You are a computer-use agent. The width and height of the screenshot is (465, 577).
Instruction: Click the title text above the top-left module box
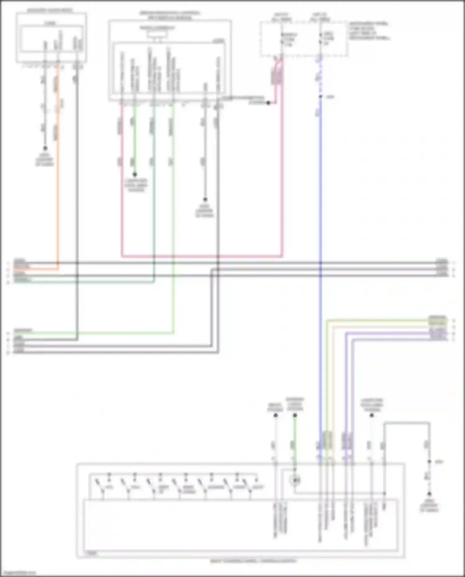pos(50,11)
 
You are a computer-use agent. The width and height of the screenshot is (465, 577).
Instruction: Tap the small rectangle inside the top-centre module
pos(157,34)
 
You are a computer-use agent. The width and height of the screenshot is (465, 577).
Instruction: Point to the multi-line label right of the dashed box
pos(369,31)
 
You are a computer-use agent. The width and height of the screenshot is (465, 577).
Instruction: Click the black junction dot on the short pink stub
pos(268,103)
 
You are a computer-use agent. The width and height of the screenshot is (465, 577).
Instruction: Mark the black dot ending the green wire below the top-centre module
pos(135,175)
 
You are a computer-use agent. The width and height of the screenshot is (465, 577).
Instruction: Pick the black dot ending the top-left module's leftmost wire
pos(45,148)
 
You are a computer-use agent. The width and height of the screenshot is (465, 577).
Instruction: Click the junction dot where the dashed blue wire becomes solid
pos(321,97)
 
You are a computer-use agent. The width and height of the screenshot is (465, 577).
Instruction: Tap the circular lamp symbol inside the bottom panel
pos(295,481)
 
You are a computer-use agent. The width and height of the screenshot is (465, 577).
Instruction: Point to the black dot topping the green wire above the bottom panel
pos(295,415)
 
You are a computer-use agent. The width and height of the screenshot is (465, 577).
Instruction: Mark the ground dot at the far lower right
pos(429,494)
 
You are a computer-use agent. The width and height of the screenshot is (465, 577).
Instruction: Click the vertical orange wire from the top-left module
pos(58,186)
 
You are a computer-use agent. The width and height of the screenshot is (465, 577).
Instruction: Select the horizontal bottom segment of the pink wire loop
pos(201,256)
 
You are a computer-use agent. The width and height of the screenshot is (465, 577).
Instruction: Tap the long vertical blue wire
pos(321,279)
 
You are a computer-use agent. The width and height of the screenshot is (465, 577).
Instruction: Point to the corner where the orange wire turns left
pos(58,269)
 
